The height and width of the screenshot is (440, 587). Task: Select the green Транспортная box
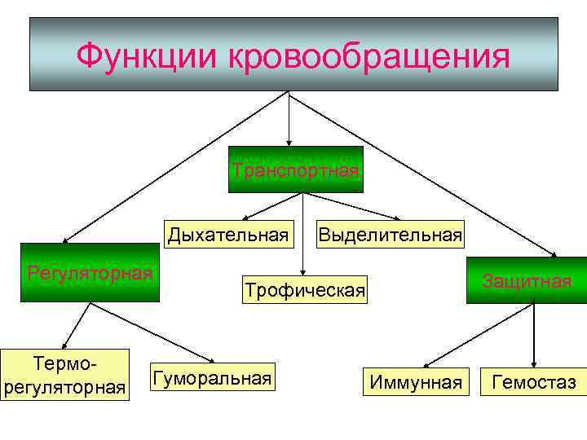tap(296, 169)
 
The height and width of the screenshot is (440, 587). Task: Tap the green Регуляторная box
tap(90, 273)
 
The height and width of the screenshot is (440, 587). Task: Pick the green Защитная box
tap(526, 280)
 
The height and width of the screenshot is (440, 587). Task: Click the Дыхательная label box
tap(228, 235)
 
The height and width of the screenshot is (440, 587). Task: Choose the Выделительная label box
tap(390, 235)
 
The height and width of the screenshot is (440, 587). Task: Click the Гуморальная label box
tap(210, 377)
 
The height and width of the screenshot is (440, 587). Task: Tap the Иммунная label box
tap(415, 381)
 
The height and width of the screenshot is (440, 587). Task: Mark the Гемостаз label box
tap(533, 381)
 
